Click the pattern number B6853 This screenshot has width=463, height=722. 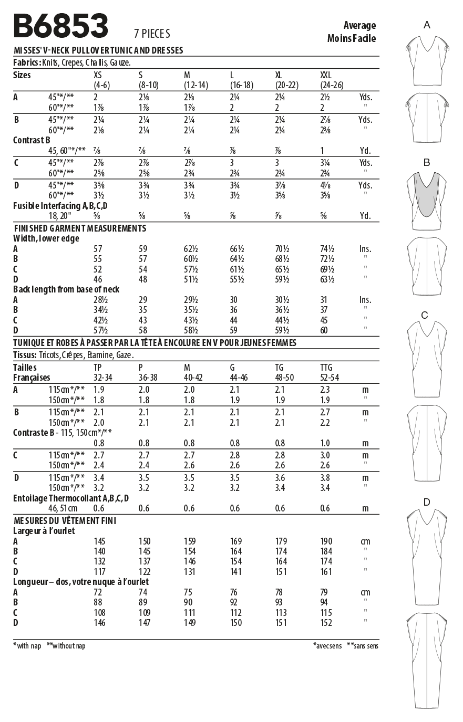(x=60, y=26)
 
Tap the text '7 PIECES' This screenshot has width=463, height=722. (x=152, y=34)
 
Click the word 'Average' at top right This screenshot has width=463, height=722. (x=359, y=25)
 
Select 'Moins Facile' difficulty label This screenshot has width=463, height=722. (x=351, y=38)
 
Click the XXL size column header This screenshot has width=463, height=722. (x=326, y=75)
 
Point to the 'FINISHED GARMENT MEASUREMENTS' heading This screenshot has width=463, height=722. (x=79, y=228)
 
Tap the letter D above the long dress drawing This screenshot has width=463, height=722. (x=427, y=503)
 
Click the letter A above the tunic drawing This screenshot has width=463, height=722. (x=427, y=25)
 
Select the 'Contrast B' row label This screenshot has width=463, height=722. (x=32, y=140)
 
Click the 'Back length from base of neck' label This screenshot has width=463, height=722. (x=66, y=289)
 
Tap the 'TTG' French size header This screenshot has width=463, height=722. (x=326, y=368)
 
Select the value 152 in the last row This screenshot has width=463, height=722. (x=326, y=623)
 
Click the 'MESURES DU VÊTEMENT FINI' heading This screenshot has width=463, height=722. (x=65, y=521)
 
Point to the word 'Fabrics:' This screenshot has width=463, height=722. (x=27, y=62)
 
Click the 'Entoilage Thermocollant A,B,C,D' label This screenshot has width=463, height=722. (x=71, y=498)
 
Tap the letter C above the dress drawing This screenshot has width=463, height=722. (x=425, y=315)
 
